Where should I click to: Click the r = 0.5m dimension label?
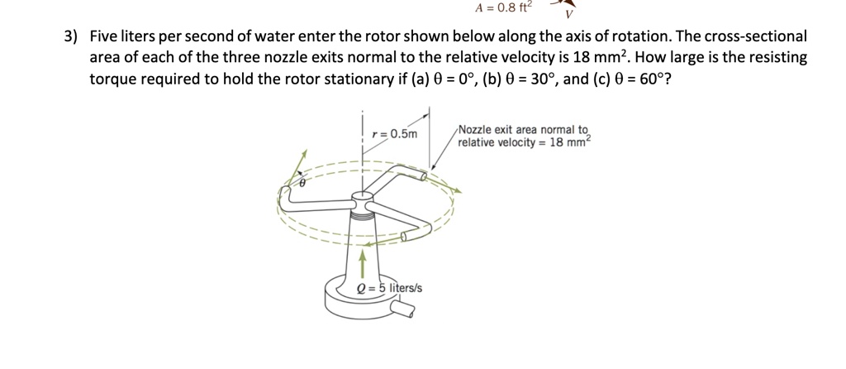tap(395, 134)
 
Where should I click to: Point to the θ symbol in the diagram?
tap(302, 184)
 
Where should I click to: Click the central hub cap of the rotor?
tap(361, 199)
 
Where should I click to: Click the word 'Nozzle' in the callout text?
tap(474, 130)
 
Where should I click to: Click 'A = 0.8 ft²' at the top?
tap(505, 7)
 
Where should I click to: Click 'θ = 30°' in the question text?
tap(511, 80)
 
